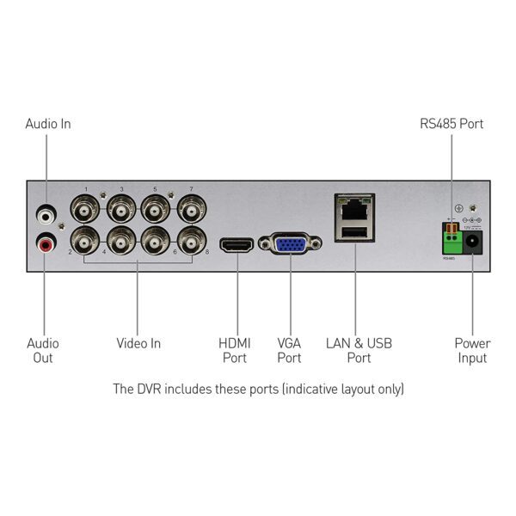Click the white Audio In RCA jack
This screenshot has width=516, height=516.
pos(45,210)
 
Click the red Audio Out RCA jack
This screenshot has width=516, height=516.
pos(45,243)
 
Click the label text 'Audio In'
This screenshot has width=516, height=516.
pos(47,124)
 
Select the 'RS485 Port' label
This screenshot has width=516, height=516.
pos(451,124)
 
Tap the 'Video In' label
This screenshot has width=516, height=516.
pos(138,343)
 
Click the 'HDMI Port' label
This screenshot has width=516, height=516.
pos(234,350)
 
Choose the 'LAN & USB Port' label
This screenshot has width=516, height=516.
pos(359,350)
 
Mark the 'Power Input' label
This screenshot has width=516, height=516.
pos(472,350)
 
